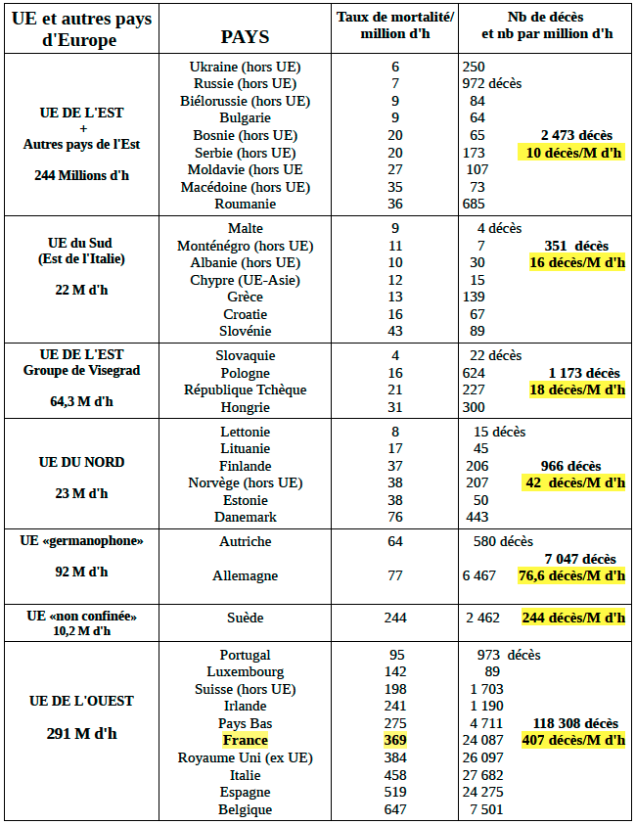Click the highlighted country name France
point(245,741)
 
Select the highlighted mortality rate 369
point(395,741)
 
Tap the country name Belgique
point(246,809)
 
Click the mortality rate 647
point(395,809)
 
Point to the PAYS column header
point(245,37)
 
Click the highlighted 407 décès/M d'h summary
point(573,740)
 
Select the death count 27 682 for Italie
point(483,775)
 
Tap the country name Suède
point(246,619)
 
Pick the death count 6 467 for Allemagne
point(479,575)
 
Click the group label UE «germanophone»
point(82,540)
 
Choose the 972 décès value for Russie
point(494,83)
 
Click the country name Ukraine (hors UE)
point(246,67)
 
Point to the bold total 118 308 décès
point(575,723)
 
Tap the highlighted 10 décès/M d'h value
point(573,153)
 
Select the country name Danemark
point(246,517)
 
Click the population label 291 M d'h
point(81,733)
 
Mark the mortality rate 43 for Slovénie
point(395,332)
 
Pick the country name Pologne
point(246,373)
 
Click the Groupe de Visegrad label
point(82,370)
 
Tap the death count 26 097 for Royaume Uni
point(483,758)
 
